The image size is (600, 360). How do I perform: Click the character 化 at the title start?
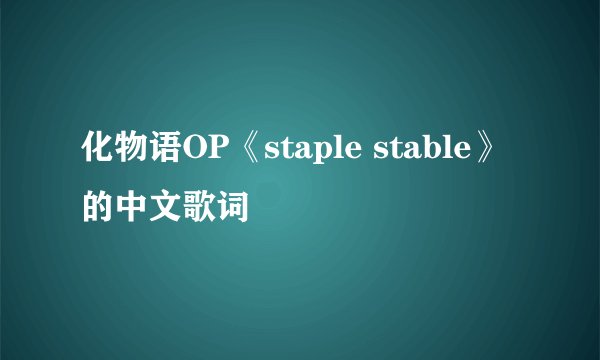(x=96, y=151)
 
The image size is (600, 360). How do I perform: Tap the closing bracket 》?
(x=486, y=151)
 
